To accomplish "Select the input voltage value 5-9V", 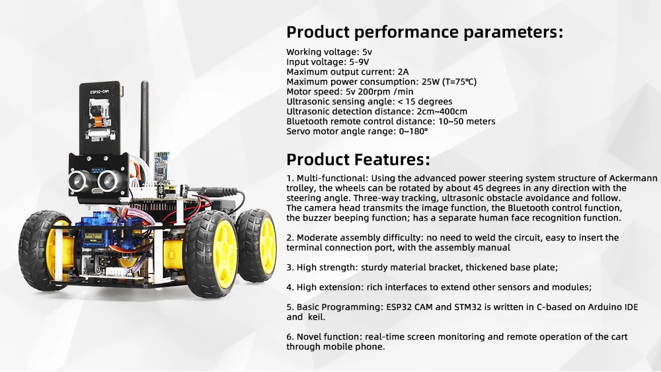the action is point(359,62).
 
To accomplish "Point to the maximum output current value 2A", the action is point(403,72).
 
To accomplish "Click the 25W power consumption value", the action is point(430,82).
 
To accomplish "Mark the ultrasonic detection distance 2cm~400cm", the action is point(442,112).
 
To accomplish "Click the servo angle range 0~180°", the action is point(413,131).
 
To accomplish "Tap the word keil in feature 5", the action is point(317,317).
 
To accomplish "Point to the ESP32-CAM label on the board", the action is point(99,91).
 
